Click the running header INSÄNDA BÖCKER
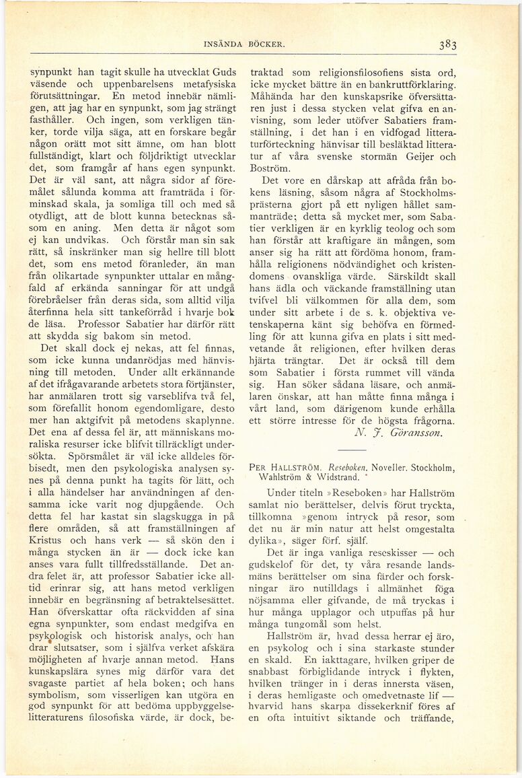pyautogui.click(x=244, y=45)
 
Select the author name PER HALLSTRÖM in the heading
pyautogui.click(x=282, y=467)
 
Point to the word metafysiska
pyautogui.click(x=202, y=85)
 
